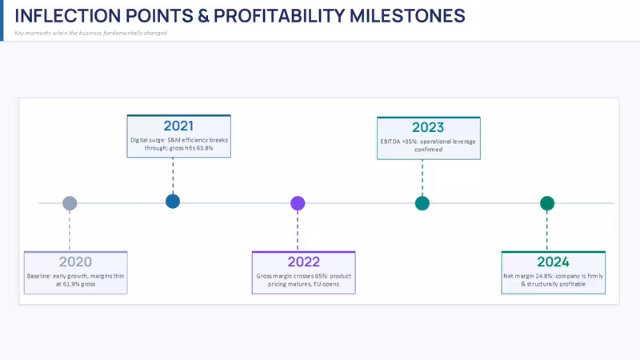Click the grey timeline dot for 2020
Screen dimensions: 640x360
pyautogui.click(x=70, y=203)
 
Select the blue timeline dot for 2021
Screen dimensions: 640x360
pyautogui.click(x=173, y=202)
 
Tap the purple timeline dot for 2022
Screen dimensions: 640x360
pyautogui.click(x=298, y=203)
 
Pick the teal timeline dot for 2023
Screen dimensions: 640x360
pyautogui.click(x=422, y=203)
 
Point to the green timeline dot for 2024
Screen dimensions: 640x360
pyautogui.click(x=547, y=203)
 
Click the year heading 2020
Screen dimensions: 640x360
pyautogui.click(x=75, y=262)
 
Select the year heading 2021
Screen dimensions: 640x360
pyautogui.click(x=178, y=126)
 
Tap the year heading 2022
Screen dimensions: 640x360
pyautogui.click(x=304, y=262)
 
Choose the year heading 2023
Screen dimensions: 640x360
pyautogui.click(x=428, y=127)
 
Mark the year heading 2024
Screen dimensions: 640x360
pyautogui.click(x=553, y=262)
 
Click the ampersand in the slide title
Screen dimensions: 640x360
pyautogui.click(x=203, y=16)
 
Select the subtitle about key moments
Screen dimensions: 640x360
pyautogui.click(x=90, y=33)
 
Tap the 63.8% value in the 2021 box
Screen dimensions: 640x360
pyautogui.click(x=205, y=148)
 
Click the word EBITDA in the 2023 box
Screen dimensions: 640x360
pyautogui.click(x=390, y=142)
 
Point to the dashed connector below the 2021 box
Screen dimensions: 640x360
pyautogui.click(x=173, y=175)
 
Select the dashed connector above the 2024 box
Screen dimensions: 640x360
pyautogui.click(x=547, y=230)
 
